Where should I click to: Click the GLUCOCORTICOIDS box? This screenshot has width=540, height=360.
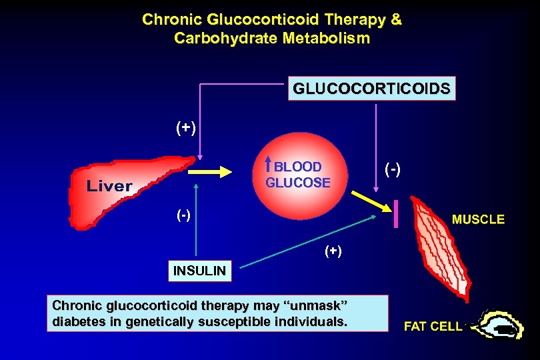(x=371, y=89)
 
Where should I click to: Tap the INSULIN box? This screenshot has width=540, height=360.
(x=199, y=271)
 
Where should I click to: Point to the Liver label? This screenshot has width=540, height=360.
(x=109, y=186)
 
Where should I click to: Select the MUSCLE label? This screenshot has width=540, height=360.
(x=479, y=219)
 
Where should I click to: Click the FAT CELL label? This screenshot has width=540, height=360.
(x=433, y=327)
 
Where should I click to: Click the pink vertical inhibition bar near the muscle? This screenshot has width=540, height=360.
(x=397, y=214)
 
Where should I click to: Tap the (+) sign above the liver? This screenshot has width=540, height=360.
(x=186, y=127)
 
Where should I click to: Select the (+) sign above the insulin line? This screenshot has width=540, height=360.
(x=333, y=251)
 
